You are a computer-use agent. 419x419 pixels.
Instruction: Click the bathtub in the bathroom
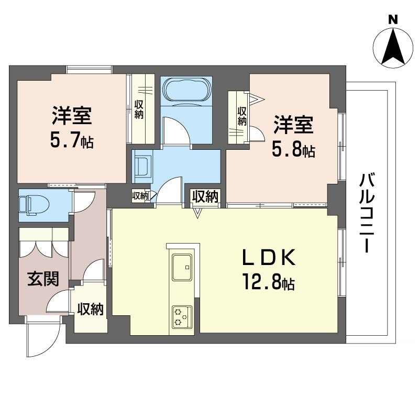(186, 90)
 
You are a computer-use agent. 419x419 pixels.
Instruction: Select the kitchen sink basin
(182, 267)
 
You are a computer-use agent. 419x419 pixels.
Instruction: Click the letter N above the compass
(393, 19)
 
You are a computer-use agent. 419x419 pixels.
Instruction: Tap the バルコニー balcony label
(367, 213)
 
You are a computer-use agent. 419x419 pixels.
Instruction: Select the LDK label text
(269, 257)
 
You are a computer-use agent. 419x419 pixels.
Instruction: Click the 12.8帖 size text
(269, 283)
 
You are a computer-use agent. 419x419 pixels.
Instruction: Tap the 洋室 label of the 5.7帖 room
(72, 115)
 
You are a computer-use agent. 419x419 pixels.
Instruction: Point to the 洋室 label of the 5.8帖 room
(293, 124)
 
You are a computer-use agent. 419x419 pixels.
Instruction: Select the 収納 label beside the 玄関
(90, 310)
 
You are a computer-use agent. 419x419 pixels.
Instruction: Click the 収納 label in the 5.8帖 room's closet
(241, 116)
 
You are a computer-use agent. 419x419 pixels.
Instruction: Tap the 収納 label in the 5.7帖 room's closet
(139, 109)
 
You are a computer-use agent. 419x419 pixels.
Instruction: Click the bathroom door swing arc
(177, 130)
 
